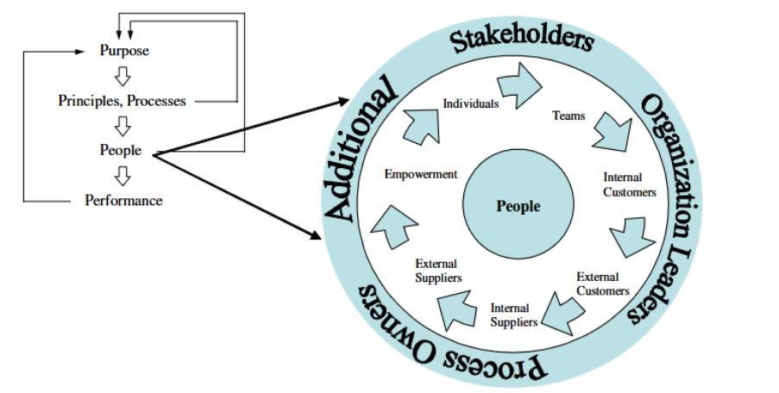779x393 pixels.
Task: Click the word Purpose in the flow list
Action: pyautogui.click(x=124, y=51)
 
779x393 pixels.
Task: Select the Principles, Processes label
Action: pyautogui.click(x=122, y=101)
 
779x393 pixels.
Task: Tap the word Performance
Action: pyautogui.click(x=123, y=201)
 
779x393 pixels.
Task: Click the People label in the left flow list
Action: pyautogui.click(x=121, y=151)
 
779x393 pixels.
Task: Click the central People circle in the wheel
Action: pyautogui.click(x=518, y=206)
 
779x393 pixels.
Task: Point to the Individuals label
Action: pyautogui.click(x=470, y=103)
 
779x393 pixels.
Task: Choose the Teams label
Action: pyautogui.click(x=569, y=115)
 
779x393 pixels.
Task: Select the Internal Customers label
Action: pyautogui.click(x=630, y=185)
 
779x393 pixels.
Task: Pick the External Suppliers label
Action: pyautogui.click(x=438, y=271)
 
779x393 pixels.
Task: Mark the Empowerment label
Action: pyautogui.click(x=420, y=174)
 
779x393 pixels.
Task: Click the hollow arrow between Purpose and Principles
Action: pyautogui.click(x=123, y=76)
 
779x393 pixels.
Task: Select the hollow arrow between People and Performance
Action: pyautogui.click(x=123, y=176)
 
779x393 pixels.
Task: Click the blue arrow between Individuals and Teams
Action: pyautogui.click(x=521, y=88)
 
